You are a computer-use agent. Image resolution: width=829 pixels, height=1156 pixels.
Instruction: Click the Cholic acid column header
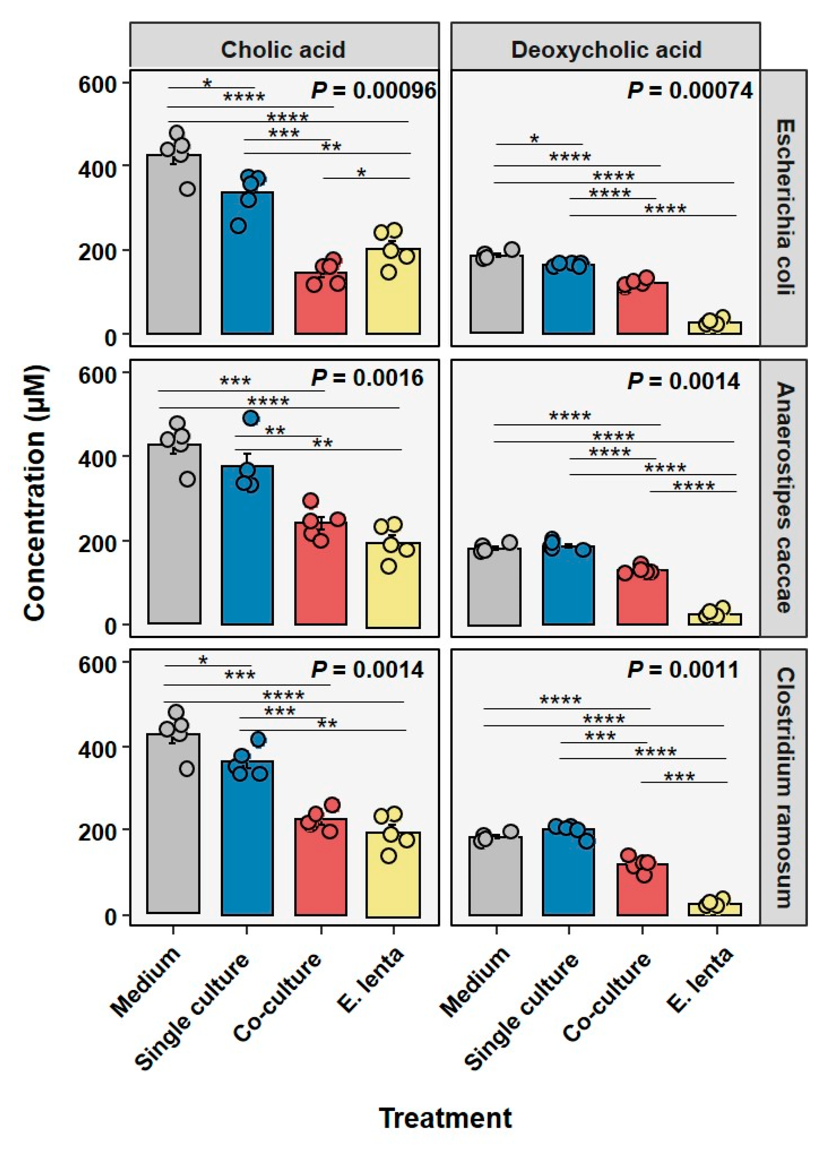click(283, 50)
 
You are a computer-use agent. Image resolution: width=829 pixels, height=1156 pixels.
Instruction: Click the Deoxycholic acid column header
click(606, 50)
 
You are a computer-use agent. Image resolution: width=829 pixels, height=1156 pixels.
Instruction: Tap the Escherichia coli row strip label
click(784, 208)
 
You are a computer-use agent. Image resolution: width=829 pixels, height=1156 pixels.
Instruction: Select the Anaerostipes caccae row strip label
click(784, 498)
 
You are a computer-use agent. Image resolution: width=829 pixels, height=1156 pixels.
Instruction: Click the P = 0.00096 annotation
click(373, 91)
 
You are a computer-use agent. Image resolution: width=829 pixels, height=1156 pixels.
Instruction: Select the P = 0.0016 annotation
click(367, 378)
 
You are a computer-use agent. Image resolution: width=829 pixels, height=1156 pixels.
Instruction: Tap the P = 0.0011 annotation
click(683, 669)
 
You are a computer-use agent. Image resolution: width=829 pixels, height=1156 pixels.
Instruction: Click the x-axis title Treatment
click(445, 1118)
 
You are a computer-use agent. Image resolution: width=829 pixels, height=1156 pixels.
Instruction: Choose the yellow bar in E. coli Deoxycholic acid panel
click(714, 328)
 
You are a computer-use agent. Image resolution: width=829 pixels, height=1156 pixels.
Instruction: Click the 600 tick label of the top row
click(96, 84)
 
